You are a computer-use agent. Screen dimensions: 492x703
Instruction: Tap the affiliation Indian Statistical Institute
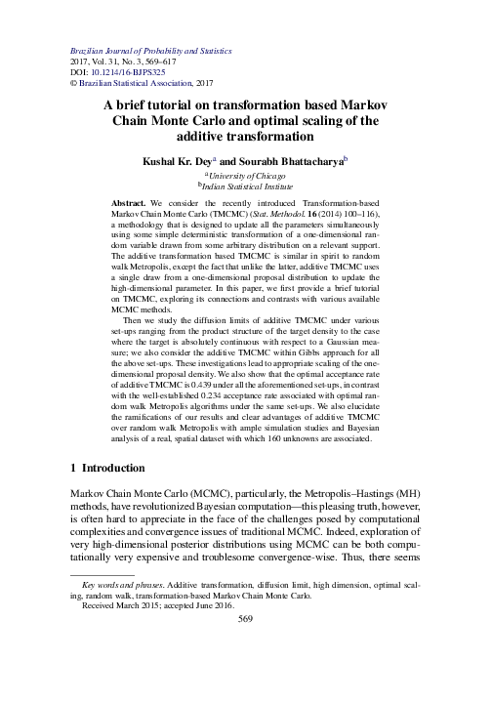click(x=252, y=183)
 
